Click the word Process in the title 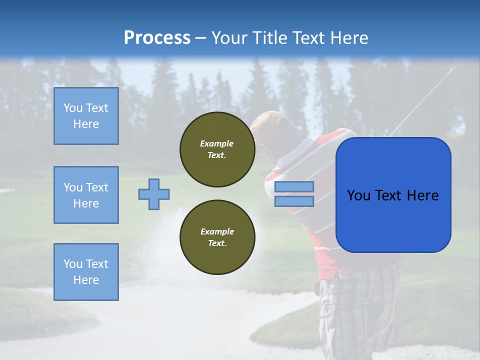pyautogui.click(x=157, y=38)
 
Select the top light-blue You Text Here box pyautogui.click(x=86, y=116)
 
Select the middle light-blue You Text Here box pyautogui.click(x=86, y=195)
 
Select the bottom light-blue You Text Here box pyautogui.click(x=86, y=272)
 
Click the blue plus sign pyautogui.click(x=154, y=194)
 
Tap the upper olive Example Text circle pyautogui.click(x=217, y=149)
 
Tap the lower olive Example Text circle pyautogui.click(x=217, y=237)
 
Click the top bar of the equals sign pyautogui.click(x=294, y=187)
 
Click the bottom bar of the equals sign pyautogui.click(x=294, y=201)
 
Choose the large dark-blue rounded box pyautogui.click(x=393, y=195)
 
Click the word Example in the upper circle pyautogui.click(x=216, y=143)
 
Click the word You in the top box pyautogui.click(x=73, y=108)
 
